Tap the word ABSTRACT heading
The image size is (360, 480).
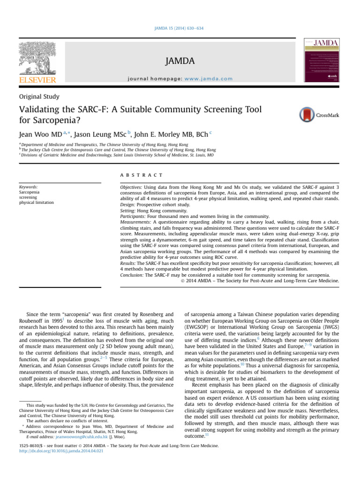(x=141, y=175)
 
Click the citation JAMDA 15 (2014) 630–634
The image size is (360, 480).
(x=180, y=29)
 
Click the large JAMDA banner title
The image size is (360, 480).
(x=180, y=61)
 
